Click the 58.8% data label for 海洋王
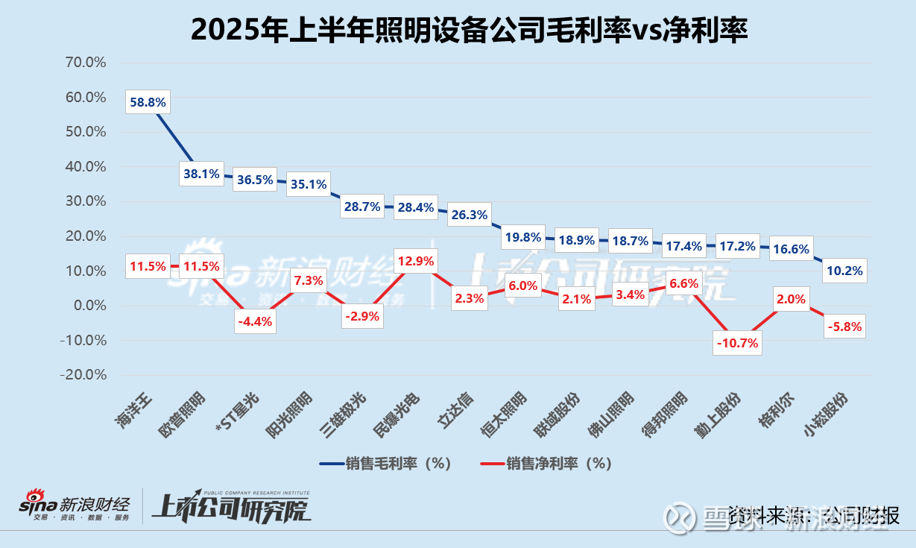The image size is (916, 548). coord(148,102)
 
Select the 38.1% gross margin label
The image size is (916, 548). coord(201,174)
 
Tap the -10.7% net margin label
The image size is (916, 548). coord(737,343)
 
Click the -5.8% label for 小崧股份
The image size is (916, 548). coord(844,327)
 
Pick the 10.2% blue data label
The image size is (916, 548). coord(844,271)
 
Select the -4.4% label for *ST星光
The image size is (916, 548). coord(255,322)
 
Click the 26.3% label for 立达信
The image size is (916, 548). coord(469,215)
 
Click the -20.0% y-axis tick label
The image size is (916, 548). coord(83,375)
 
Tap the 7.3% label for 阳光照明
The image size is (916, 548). coord(309,281)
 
